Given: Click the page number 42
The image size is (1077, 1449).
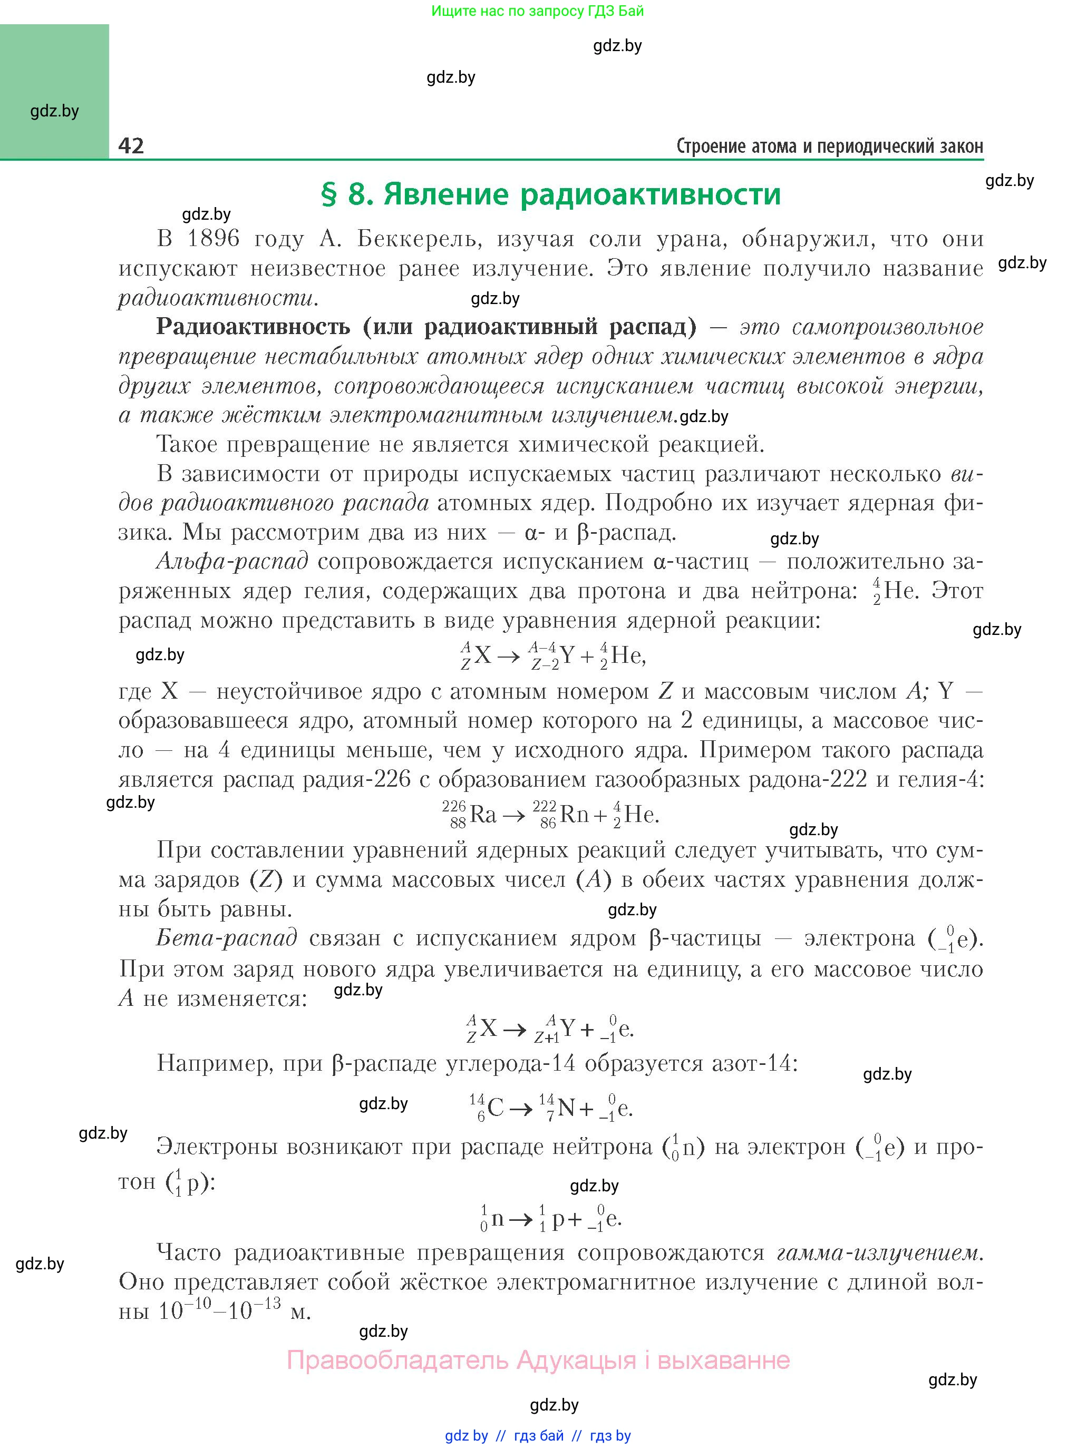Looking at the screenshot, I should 131,145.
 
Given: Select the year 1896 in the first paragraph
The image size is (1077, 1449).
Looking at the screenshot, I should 213,239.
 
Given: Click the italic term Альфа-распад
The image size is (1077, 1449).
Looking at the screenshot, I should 232,561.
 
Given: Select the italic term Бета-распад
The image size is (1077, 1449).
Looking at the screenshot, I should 227,938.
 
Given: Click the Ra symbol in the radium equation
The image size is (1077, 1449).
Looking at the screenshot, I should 483,815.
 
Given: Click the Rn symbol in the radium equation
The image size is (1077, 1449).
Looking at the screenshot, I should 574,815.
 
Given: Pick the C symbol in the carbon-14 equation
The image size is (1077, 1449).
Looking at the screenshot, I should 496,1108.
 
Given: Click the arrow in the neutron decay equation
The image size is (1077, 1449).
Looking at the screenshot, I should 521,1218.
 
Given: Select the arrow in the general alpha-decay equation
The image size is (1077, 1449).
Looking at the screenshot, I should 509,655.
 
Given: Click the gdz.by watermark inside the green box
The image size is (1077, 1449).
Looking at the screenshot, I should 55,111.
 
